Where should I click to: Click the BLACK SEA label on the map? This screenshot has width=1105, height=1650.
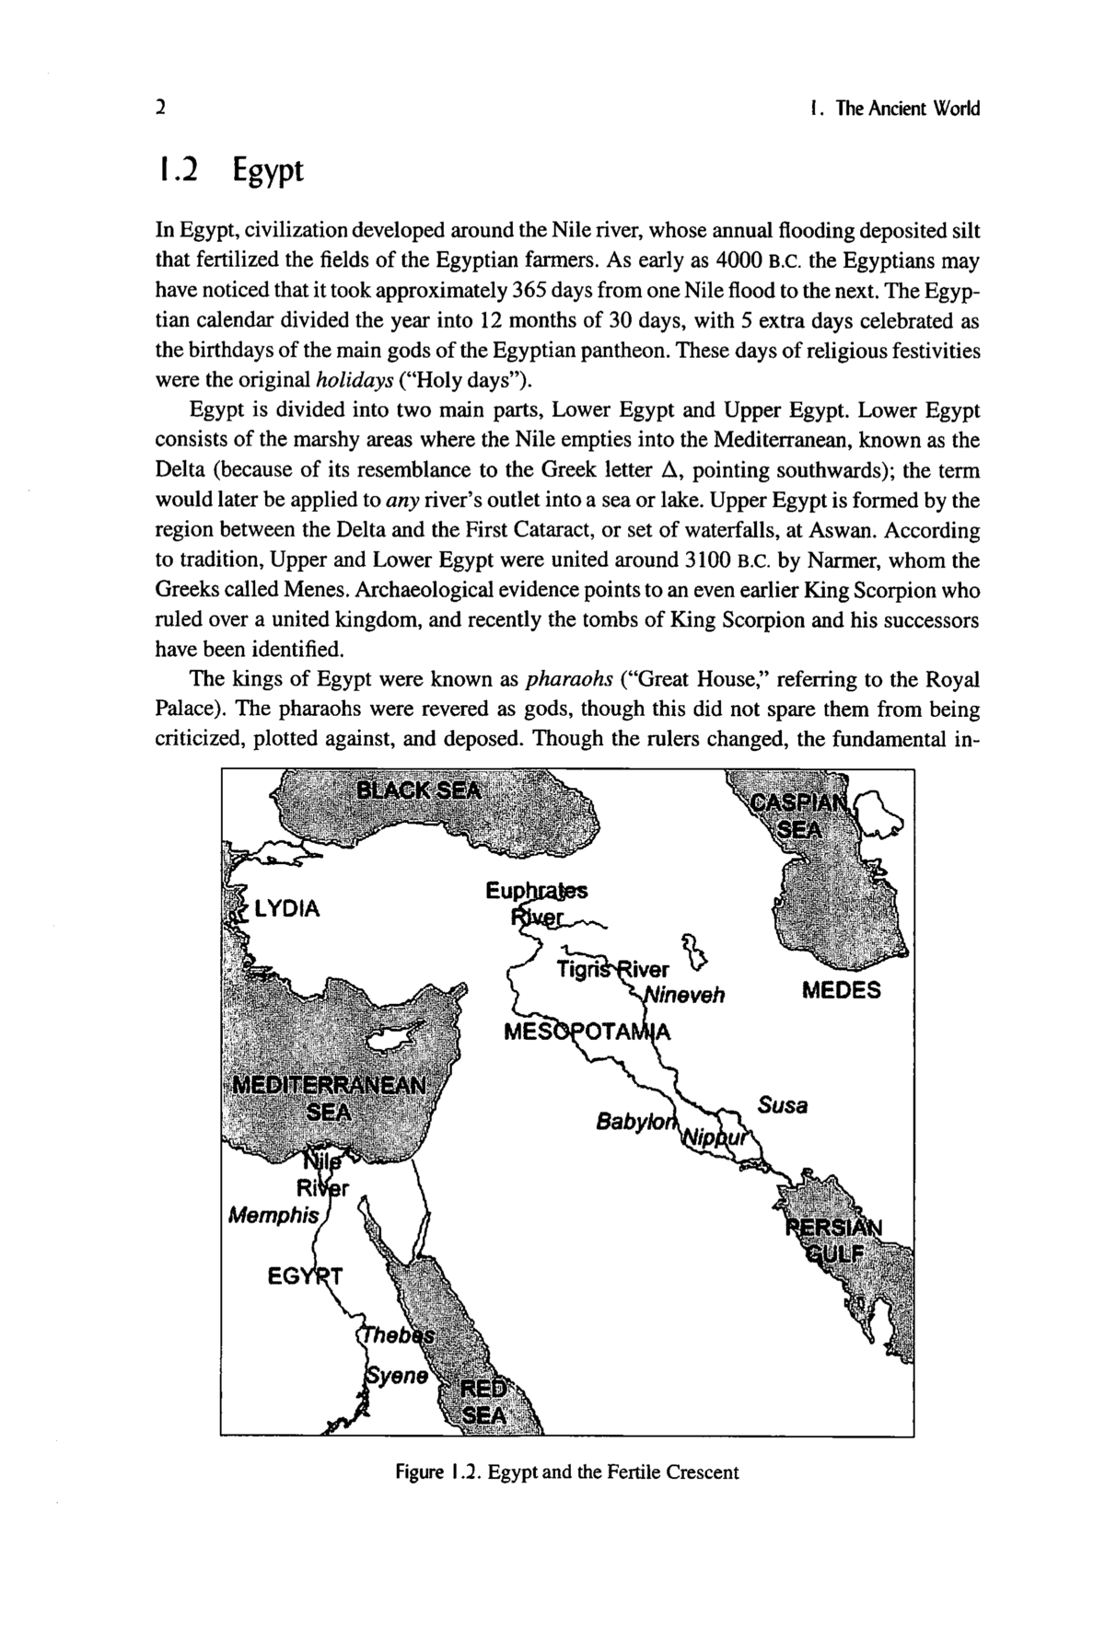(419, 790)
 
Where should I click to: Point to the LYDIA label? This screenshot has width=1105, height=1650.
(287, 909)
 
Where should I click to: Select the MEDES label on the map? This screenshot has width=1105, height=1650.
(841, 991)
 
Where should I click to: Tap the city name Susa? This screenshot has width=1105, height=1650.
(783, 1105)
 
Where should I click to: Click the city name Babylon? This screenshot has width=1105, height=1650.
(636, 1123)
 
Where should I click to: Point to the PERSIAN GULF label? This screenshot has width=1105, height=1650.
(834, 1241)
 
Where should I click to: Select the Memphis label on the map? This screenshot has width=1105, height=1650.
(273, 1215)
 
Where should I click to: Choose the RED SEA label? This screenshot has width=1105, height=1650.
(483, 1402)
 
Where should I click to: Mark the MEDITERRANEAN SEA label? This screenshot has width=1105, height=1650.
(329, 1096)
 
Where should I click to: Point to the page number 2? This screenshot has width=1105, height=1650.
(160, 109)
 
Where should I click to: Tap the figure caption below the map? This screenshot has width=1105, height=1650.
(567, 1471)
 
